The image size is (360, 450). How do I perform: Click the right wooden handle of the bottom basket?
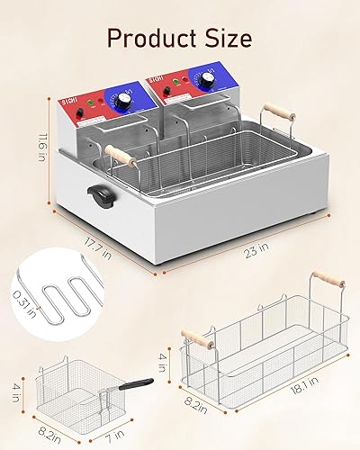pos(328,278)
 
